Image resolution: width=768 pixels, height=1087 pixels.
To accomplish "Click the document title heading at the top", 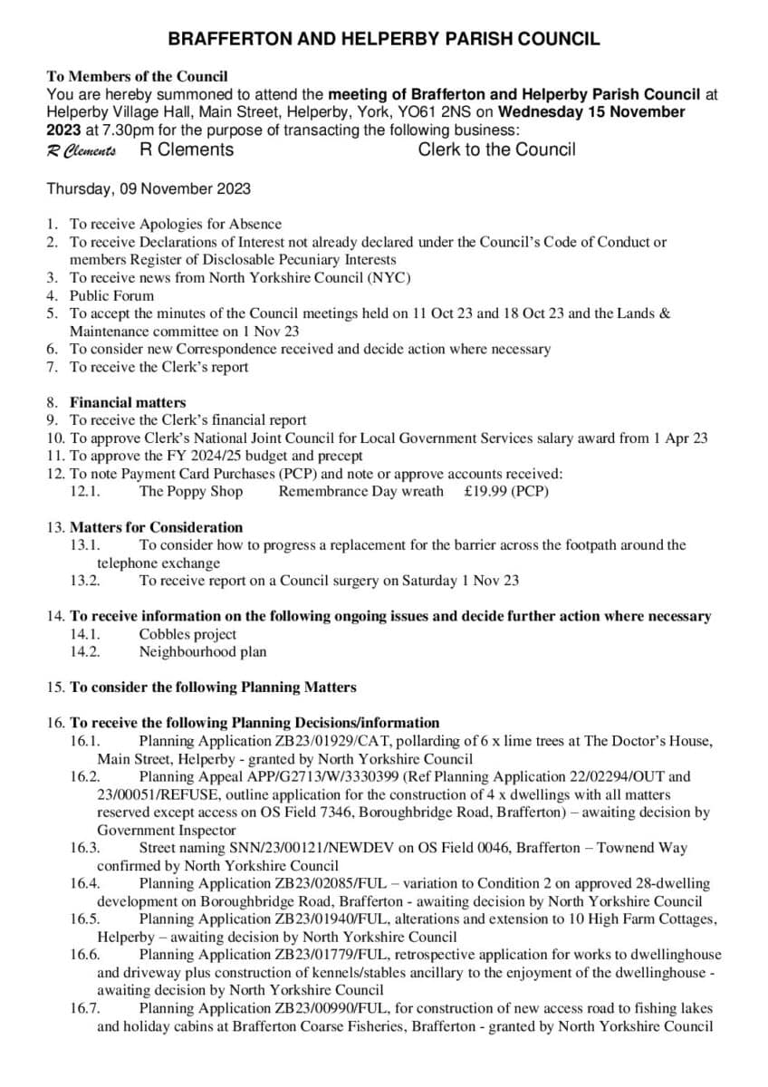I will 384,39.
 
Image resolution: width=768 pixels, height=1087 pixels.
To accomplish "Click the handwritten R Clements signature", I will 82,151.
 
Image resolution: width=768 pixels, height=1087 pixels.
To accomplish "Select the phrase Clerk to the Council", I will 496,149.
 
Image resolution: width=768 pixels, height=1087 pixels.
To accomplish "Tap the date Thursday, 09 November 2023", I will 149,189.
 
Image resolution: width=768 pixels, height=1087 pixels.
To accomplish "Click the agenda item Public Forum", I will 112,295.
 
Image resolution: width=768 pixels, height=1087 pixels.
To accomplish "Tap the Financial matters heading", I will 128,402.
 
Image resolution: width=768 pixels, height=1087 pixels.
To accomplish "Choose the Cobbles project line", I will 187,634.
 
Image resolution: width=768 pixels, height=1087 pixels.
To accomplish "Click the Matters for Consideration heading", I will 157,527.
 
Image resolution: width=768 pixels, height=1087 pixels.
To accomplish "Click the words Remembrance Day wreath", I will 361,491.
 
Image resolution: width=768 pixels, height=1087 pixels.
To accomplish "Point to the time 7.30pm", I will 96,130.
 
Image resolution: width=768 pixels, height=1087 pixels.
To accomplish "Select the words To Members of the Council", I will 137,77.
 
